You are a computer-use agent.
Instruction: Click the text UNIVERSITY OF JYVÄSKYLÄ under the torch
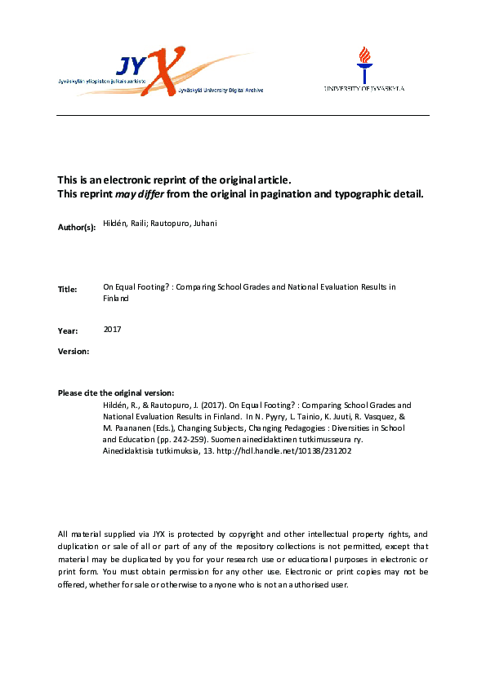click(363, 88)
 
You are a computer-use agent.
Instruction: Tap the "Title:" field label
click(68, 290)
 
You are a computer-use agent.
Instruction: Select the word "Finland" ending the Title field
click(116, 299)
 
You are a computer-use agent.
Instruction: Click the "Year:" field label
click(68, 331)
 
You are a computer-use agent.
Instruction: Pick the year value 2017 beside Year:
click(113, 330)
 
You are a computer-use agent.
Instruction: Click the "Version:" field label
click(74, 351)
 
